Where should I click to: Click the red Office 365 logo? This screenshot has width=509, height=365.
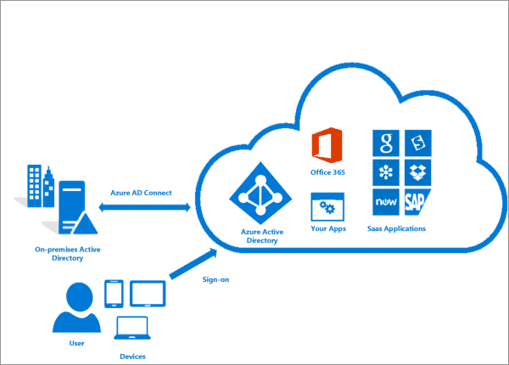pos(327,147)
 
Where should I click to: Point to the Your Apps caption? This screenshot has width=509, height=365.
pos(327,228)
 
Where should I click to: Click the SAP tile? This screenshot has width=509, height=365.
pos(419,201)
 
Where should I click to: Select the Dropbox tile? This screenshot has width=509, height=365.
pos(419,172)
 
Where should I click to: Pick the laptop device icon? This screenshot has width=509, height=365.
pos(132,328)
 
